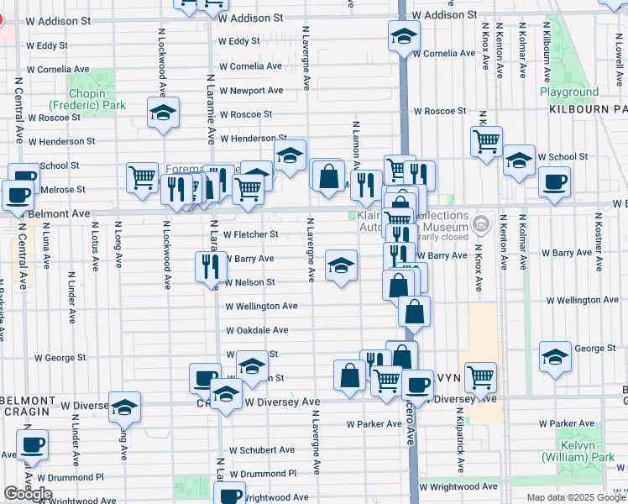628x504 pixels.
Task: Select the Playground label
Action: coord(569,92)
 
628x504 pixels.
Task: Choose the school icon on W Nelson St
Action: coord(340,266)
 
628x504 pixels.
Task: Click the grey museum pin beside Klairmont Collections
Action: coord(480,224)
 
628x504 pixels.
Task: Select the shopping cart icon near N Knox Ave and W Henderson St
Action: coord(486,143)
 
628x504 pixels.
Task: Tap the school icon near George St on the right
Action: coord(555,357)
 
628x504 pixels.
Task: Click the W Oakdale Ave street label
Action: coord(256,330)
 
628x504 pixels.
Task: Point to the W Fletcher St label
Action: coord(250,234)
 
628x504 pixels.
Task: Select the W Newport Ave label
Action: coord(251,90)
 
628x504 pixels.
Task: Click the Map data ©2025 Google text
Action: coord(575,497)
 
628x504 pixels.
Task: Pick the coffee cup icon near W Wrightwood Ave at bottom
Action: coord(230,495)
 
